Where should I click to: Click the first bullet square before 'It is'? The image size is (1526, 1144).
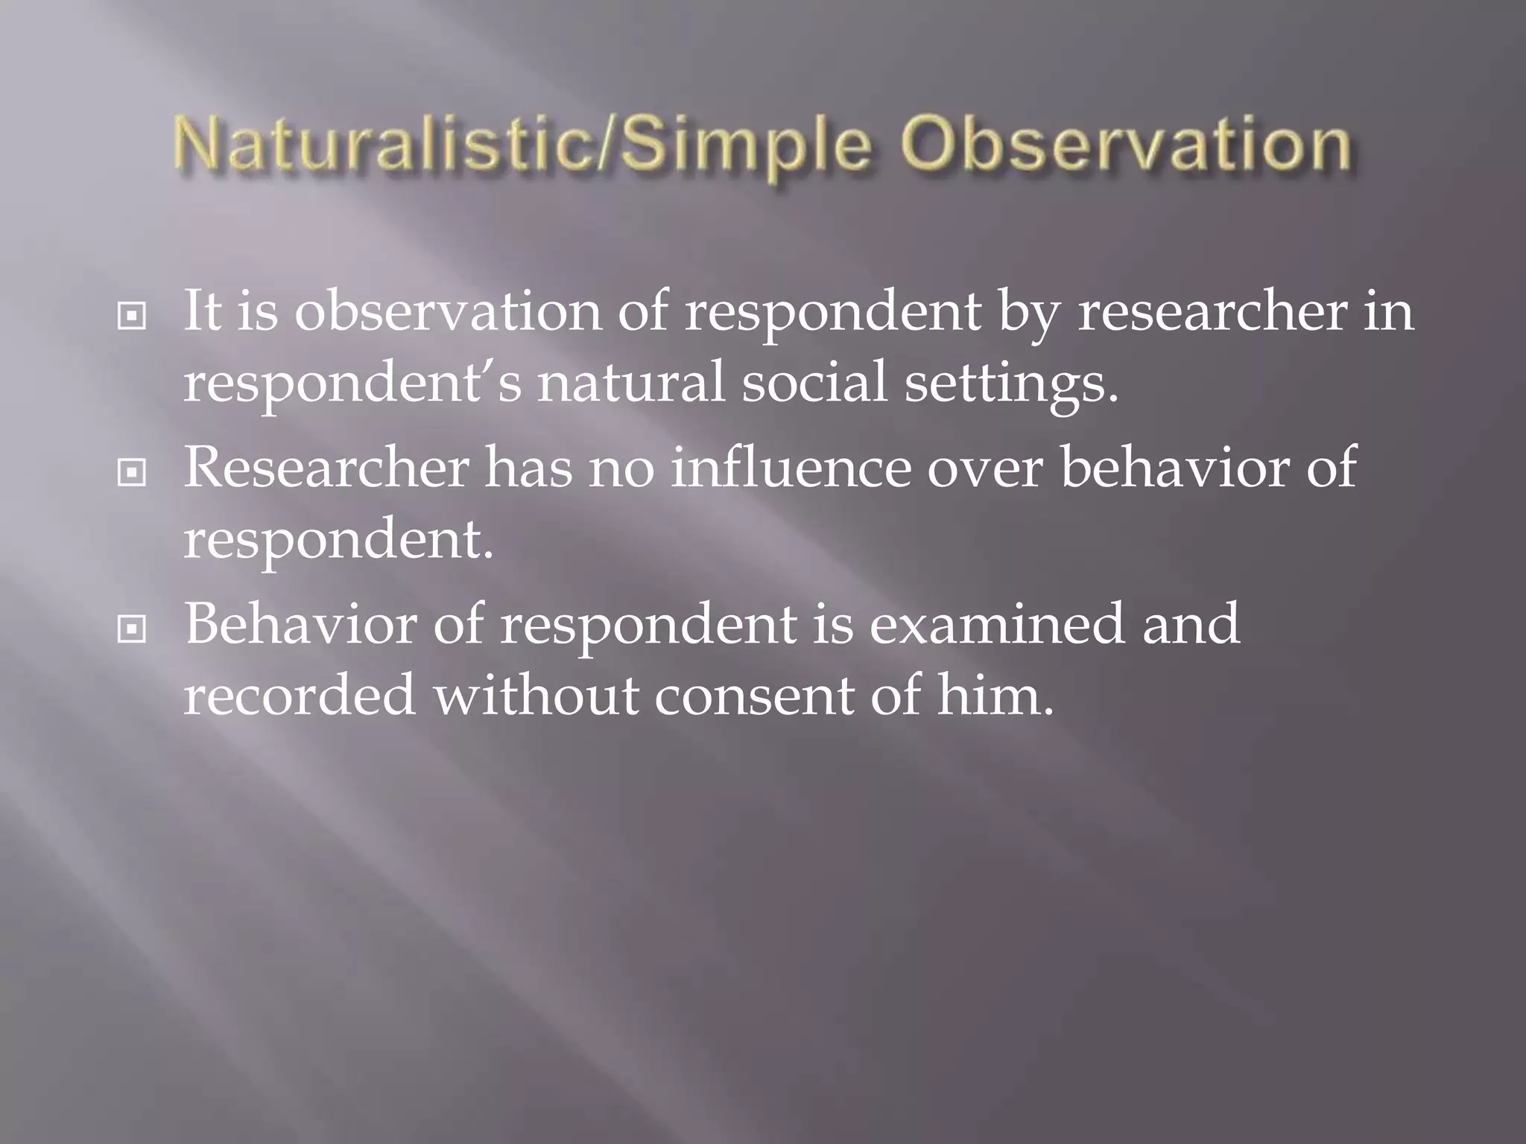click(132, 317)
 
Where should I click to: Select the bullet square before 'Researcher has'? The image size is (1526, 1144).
click(132, 473)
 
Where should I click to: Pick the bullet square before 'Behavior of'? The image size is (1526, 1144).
click(132, 630)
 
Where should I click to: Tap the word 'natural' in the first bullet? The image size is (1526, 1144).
click(631, 384)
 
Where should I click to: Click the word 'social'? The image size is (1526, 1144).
click(814, 384)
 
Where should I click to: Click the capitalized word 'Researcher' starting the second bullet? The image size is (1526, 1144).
click(326, 468)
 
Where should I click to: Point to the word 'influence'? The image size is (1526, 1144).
click(791, 468)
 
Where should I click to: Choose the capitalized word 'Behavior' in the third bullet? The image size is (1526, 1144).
click(300, 624)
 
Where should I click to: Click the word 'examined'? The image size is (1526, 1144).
click(996, 624)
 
